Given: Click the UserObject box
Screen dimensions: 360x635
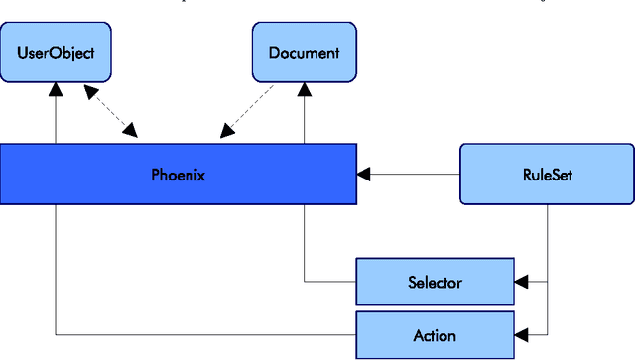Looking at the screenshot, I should pyautogui.click(x=56, y=53).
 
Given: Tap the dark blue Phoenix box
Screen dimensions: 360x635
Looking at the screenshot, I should pyautogui.click(x=178, y=176).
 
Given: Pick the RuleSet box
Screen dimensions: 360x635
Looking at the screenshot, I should pyautogui.click(x=547, y=176).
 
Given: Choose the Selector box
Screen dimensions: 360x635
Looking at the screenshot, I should pyautogui.click(x=435, y=283).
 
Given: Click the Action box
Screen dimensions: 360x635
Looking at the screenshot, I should pyautogui.click(x=435, y=335).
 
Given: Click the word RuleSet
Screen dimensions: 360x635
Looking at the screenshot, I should pyautogui.click(x=547, y=176).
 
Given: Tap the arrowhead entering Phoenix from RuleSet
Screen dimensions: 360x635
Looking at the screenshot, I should pyautogui.click(x=364, y=176).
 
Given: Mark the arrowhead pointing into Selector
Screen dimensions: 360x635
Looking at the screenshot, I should pyautogui.click(x=522, y=283).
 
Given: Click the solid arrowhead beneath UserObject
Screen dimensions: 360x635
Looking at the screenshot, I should pyautogui.click(x=57, y=90).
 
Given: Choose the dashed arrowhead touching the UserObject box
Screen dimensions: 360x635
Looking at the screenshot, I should pyautogui.click(x=90, y=92).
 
